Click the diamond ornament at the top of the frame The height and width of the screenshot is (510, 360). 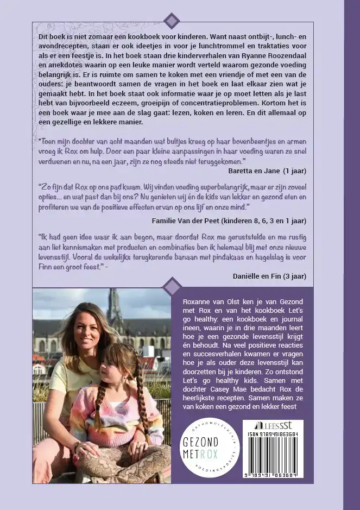coord(172,21)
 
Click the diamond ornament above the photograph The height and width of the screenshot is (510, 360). coord(172,286)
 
